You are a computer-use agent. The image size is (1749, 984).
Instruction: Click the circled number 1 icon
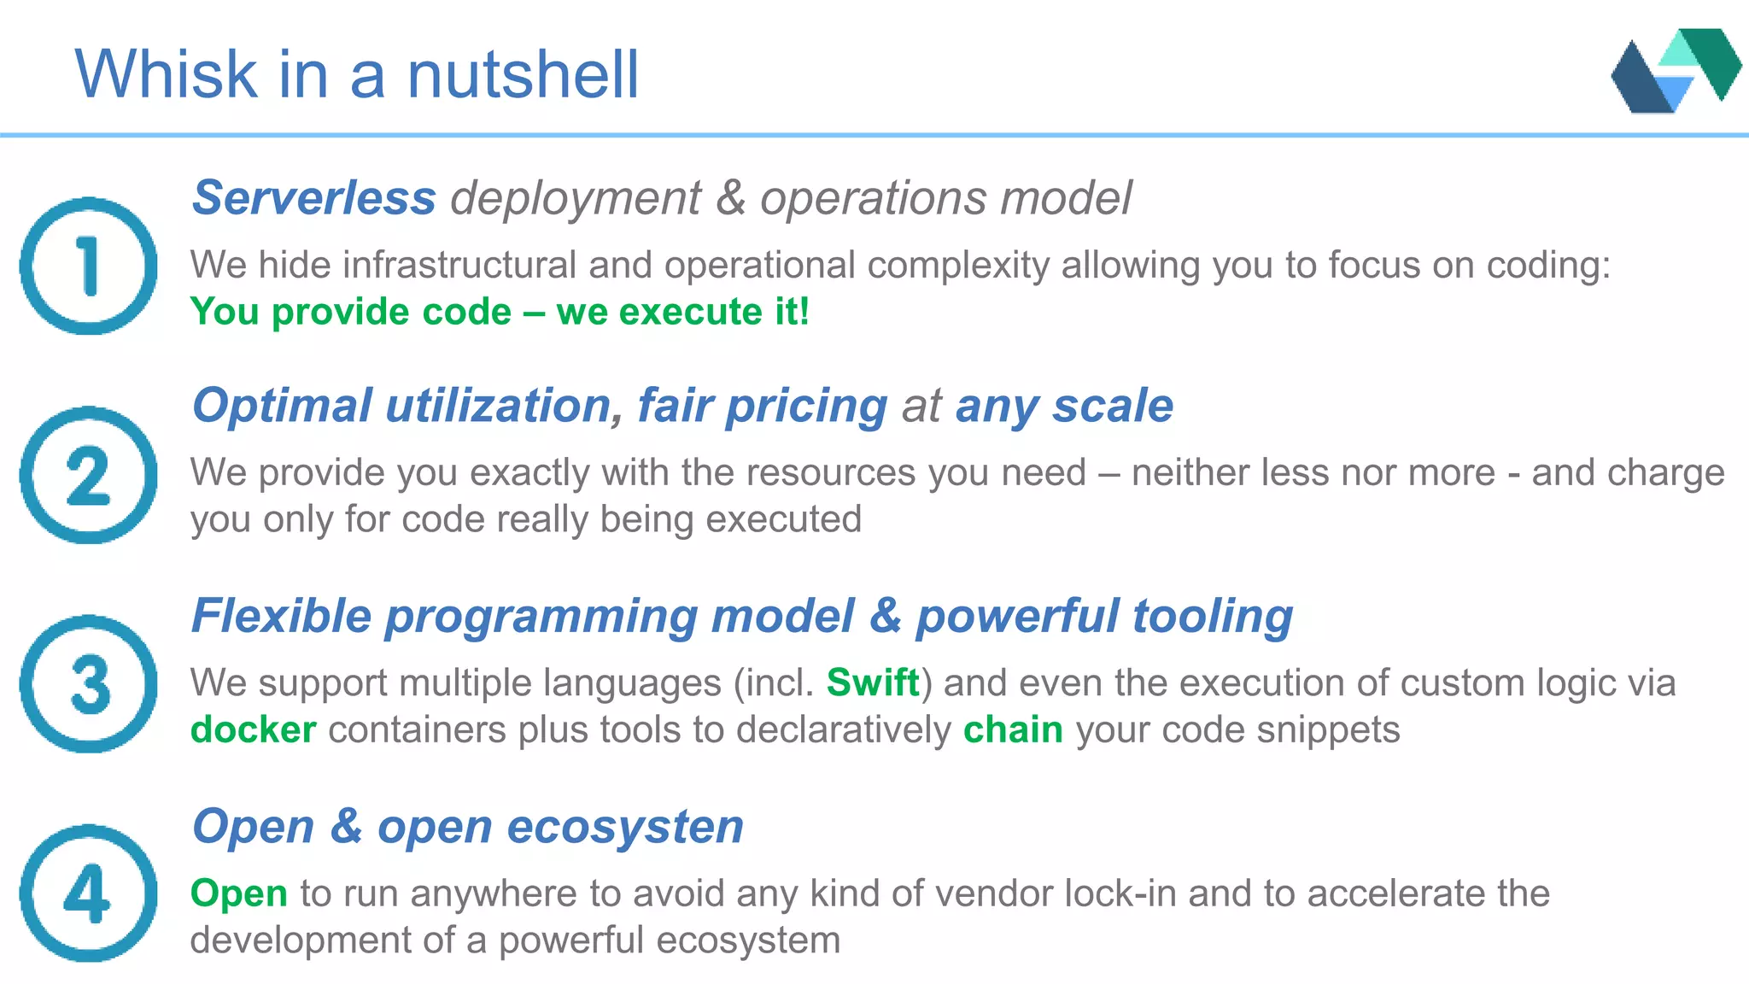89,266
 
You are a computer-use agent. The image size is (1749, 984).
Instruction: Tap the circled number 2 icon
89,475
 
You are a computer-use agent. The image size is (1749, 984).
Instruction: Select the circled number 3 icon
89,684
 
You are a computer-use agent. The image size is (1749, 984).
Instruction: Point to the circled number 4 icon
89,893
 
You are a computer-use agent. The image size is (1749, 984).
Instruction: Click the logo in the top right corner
1675,71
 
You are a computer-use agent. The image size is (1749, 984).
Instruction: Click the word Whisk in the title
167,74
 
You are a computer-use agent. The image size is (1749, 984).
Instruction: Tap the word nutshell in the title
523,74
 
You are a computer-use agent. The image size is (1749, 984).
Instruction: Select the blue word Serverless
314,198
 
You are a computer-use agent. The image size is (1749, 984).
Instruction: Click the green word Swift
873,683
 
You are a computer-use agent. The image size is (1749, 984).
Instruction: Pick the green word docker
254,730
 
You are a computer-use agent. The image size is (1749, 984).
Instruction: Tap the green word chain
1013,730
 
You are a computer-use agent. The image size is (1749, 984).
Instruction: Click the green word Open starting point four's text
238,893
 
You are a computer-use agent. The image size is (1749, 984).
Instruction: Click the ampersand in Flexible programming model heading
886,616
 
